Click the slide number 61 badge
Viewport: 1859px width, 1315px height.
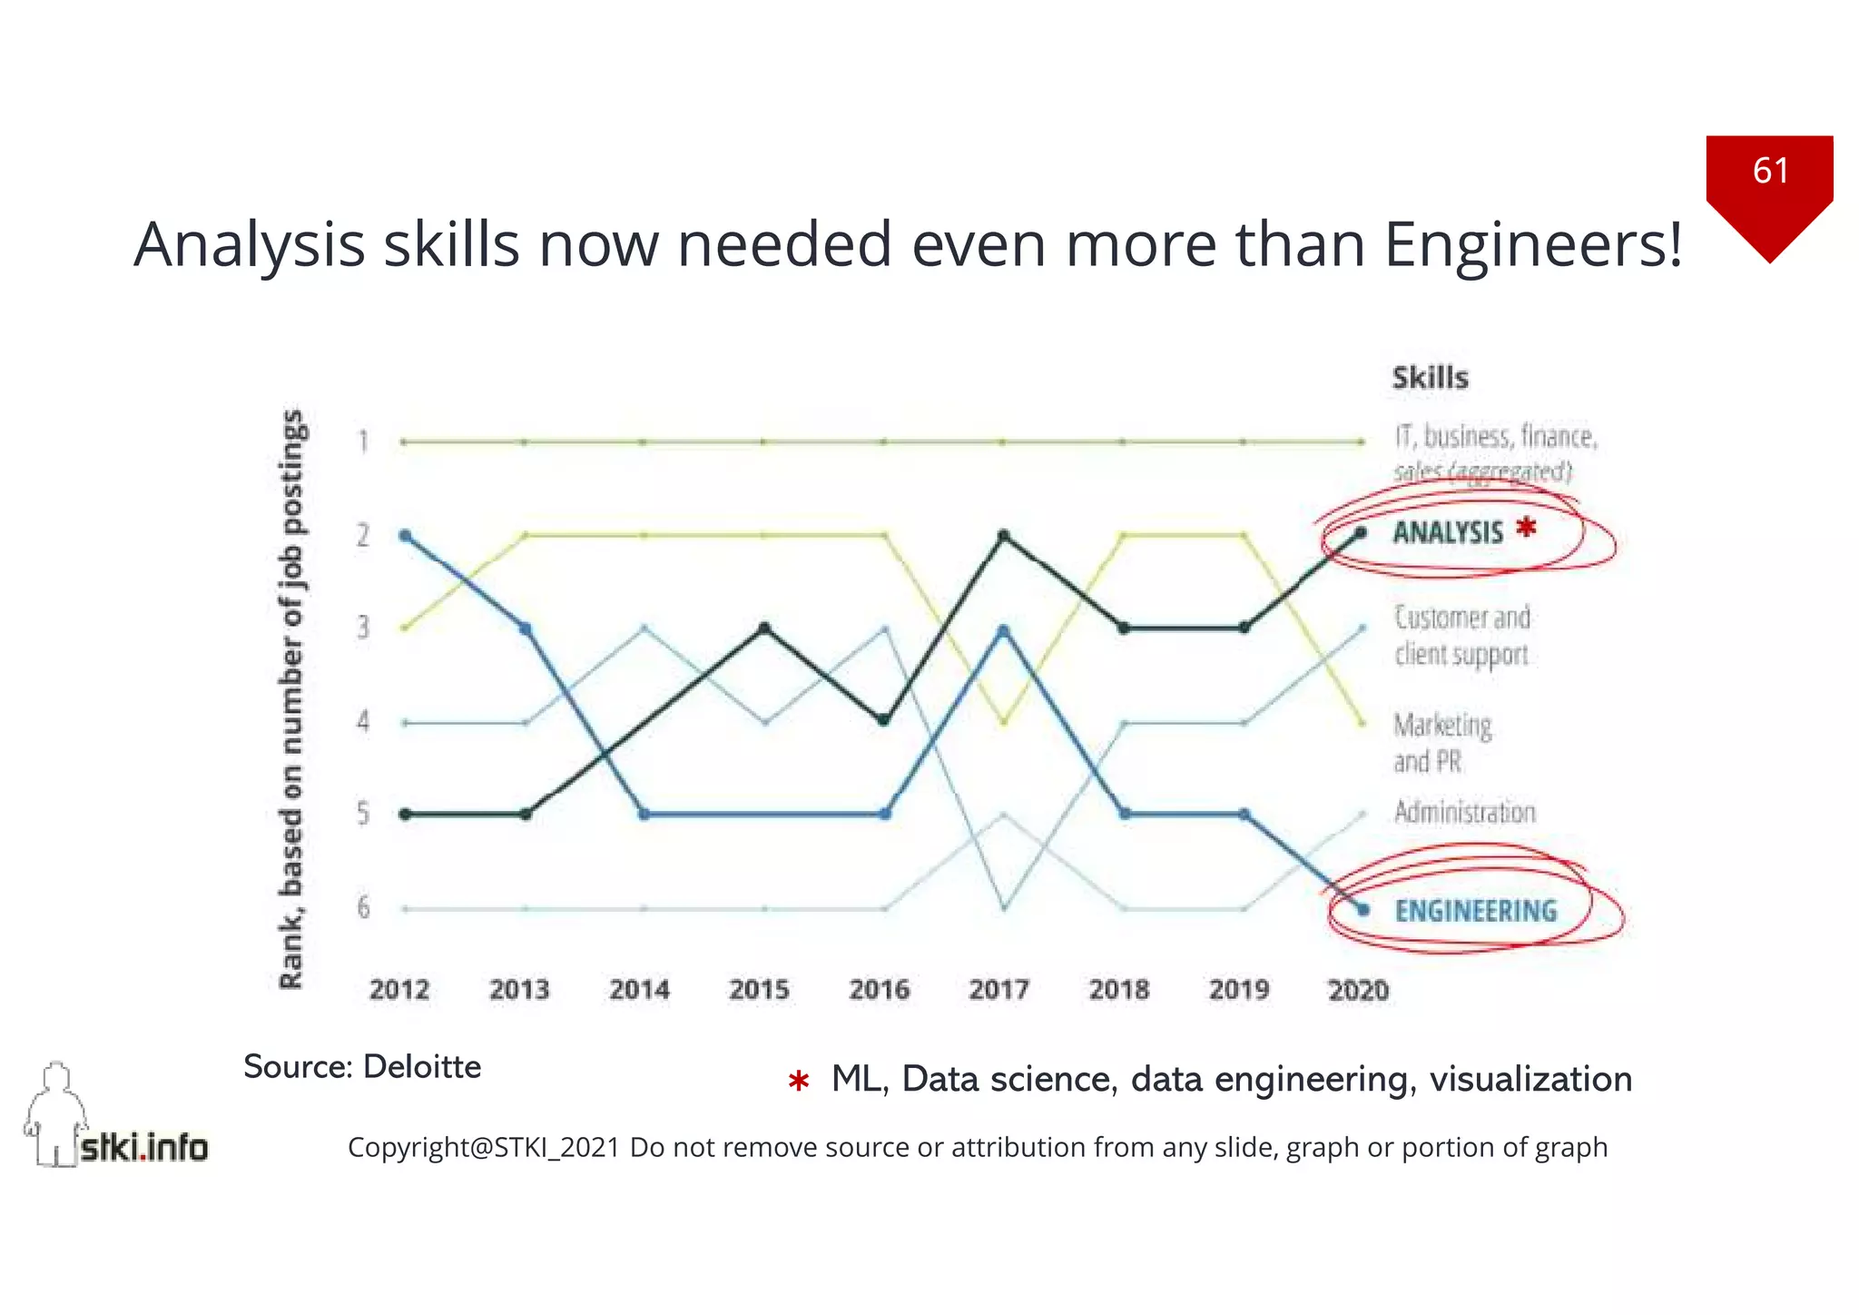click(x=1769, y=171)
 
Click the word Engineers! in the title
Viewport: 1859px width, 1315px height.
click(x=1533, y=245)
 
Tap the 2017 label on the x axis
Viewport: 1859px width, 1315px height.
click(x=998, y=989)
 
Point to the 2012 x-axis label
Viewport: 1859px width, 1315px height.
click(x=399, y=989)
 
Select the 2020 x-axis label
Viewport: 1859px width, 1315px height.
click(x=1358, y=989)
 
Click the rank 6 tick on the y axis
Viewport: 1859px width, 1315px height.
click(x=363, y=907)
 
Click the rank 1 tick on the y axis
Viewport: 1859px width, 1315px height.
click(x=363, y=441)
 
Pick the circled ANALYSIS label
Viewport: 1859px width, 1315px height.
click(x=1448, y=533)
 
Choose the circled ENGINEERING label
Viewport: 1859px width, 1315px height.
click(x=1476, y=911)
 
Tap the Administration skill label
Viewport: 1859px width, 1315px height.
click(x=1464, y=812)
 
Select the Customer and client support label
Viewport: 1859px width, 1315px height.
click(x=1462, y=636)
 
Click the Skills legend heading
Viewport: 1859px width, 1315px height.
click(x=1430, y=378)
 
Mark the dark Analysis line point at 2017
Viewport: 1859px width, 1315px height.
click(x=1003, y=535)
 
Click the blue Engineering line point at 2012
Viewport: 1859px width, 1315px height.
click(x=405, y=535)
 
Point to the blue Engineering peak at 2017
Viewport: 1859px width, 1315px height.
click(x=1003, y=629)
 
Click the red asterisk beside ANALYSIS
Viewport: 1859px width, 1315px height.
click(x=1527, y=527)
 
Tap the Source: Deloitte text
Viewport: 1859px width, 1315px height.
click(x=362, y=1067)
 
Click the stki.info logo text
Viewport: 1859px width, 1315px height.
click(x=143, y=1148)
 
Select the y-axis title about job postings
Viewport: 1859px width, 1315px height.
click(x=290, y=699)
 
